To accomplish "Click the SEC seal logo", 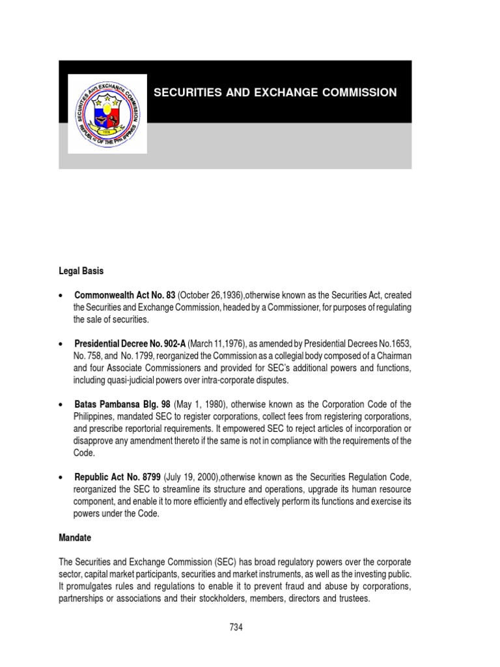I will [x=107, y=113].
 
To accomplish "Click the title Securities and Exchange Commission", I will [x=275, y=92].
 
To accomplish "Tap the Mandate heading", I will [x=75, y=538].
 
